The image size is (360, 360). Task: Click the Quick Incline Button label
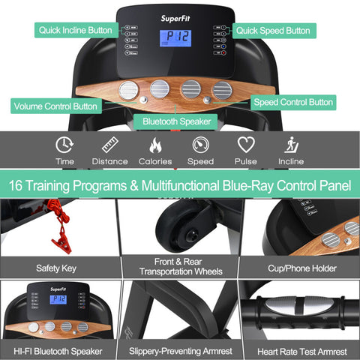pyautogui.click(x=74, y=31)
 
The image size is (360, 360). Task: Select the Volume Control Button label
pyautogui.click(x=55, y=106)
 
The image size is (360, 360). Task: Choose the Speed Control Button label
pyautogui.click(x=293, y=102)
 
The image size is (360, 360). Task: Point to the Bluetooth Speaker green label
pyautogui.click(x=175, y=121)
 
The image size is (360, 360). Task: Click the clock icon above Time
pyautogui.click(x=65, y=145)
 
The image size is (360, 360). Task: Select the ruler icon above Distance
pyautogui.click(x=110, y=145)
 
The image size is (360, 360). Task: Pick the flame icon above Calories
pyautogui.click(x=155, y=145)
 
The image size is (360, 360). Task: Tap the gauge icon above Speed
pyautogui.click(x=201, y=145)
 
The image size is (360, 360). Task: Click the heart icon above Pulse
pyautogui.click(x=246, y=145)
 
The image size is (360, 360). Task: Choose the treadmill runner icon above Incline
pyautogui.click(x=290, y=145)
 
